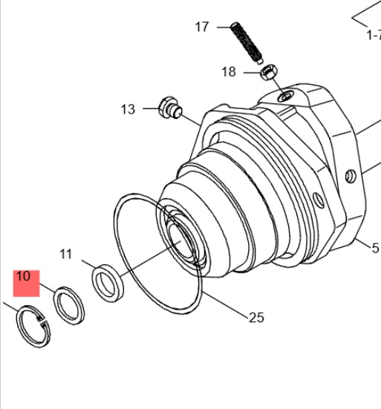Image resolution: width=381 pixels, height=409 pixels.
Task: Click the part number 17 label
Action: click(202, 27)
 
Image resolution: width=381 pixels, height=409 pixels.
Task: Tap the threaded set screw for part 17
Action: click(247, 43)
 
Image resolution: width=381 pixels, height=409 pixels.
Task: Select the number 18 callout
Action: click(229, 72)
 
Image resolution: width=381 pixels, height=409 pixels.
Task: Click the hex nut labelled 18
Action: click(269, 72)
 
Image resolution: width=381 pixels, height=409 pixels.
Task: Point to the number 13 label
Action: click(128, 109)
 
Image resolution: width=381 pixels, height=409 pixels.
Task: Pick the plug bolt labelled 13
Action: click(170, 108)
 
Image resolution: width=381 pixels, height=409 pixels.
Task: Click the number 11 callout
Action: click(65, 254)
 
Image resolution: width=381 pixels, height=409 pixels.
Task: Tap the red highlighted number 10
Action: click(24, 276)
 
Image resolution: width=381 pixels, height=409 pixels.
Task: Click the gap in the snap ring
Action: click(44, 321)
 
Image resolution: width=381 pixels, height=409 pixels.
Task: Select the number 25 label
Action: click(256, 318)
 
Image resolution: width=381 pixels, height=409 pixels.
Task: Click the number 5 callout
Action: click(375, 248)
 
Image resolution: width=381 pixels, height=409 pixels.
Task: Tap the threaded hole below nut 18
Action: click(286, 96)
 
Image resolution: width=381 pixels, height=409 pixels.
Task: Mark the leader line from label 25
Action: click(225, 305)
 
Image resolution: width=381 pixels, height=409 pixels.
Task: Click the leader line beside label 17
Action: click(224, 27)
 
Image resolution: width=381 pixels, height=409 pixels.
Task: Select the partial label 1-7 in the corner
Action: click(374, 35)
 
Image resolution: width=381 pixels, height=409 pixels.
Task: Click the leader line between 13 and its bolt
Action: click(191, 120)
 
